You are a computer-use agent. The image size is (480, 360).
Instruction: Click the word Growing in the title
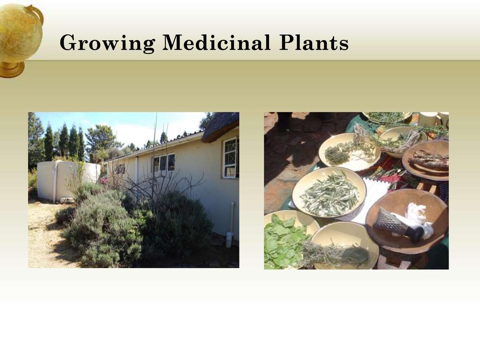107,43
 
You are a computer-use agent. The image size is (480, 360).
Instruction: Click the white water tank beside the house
68,180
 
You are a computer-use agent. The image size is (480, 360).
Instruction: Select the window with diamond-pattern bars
230,157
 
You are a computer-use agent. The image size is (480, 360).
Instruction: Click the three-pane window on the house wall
164,163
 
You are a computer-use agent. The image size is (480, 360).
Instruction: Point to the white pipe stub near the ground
229,240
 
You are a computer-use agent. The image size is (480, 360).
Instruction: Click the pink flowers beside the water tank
104,180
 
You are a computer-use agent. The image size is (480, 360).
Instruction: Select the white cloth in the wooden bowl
418,218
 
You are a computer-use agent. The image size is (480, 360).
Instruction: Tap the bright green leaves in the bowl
283,242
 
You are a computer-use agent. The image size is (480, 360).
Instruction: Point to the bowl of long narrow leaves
330,192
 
